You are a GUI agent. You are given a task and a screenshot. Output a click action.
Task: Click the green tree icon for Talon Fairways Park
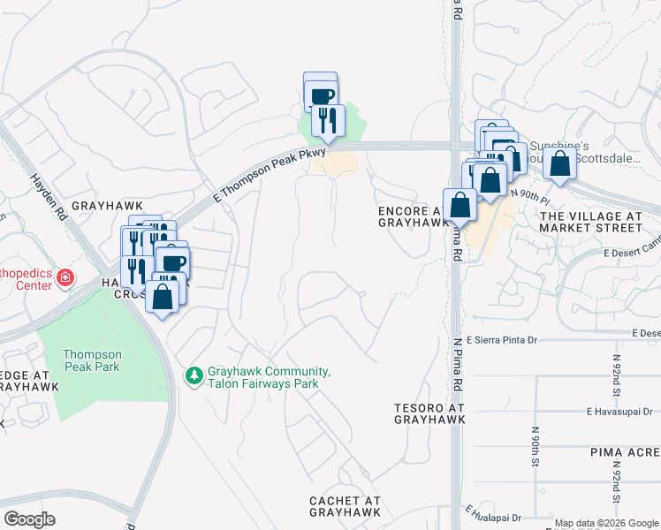click(194, 376)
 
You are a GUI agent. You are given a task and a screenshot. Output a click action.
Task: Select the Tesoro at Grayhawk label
click(429, 414)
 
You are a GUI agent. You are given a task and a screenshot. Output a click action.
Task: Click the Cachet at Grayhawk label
click(346, 506)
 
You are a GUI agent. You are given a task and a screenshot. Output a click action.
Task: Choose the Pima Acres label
click(626, 451)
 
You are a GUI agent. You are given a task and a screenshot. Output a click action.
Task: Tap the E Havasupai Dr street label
click(619, 411)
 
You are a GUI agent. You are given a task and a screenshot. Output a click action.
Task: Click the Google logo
click(29, 519)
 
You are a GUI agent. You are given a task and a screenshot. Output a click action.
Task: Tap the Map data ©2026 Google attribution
click(606, 523)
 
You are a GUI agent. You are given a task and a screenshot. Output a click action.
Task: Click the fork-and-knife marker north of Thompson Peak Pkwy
click(328, 120)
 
